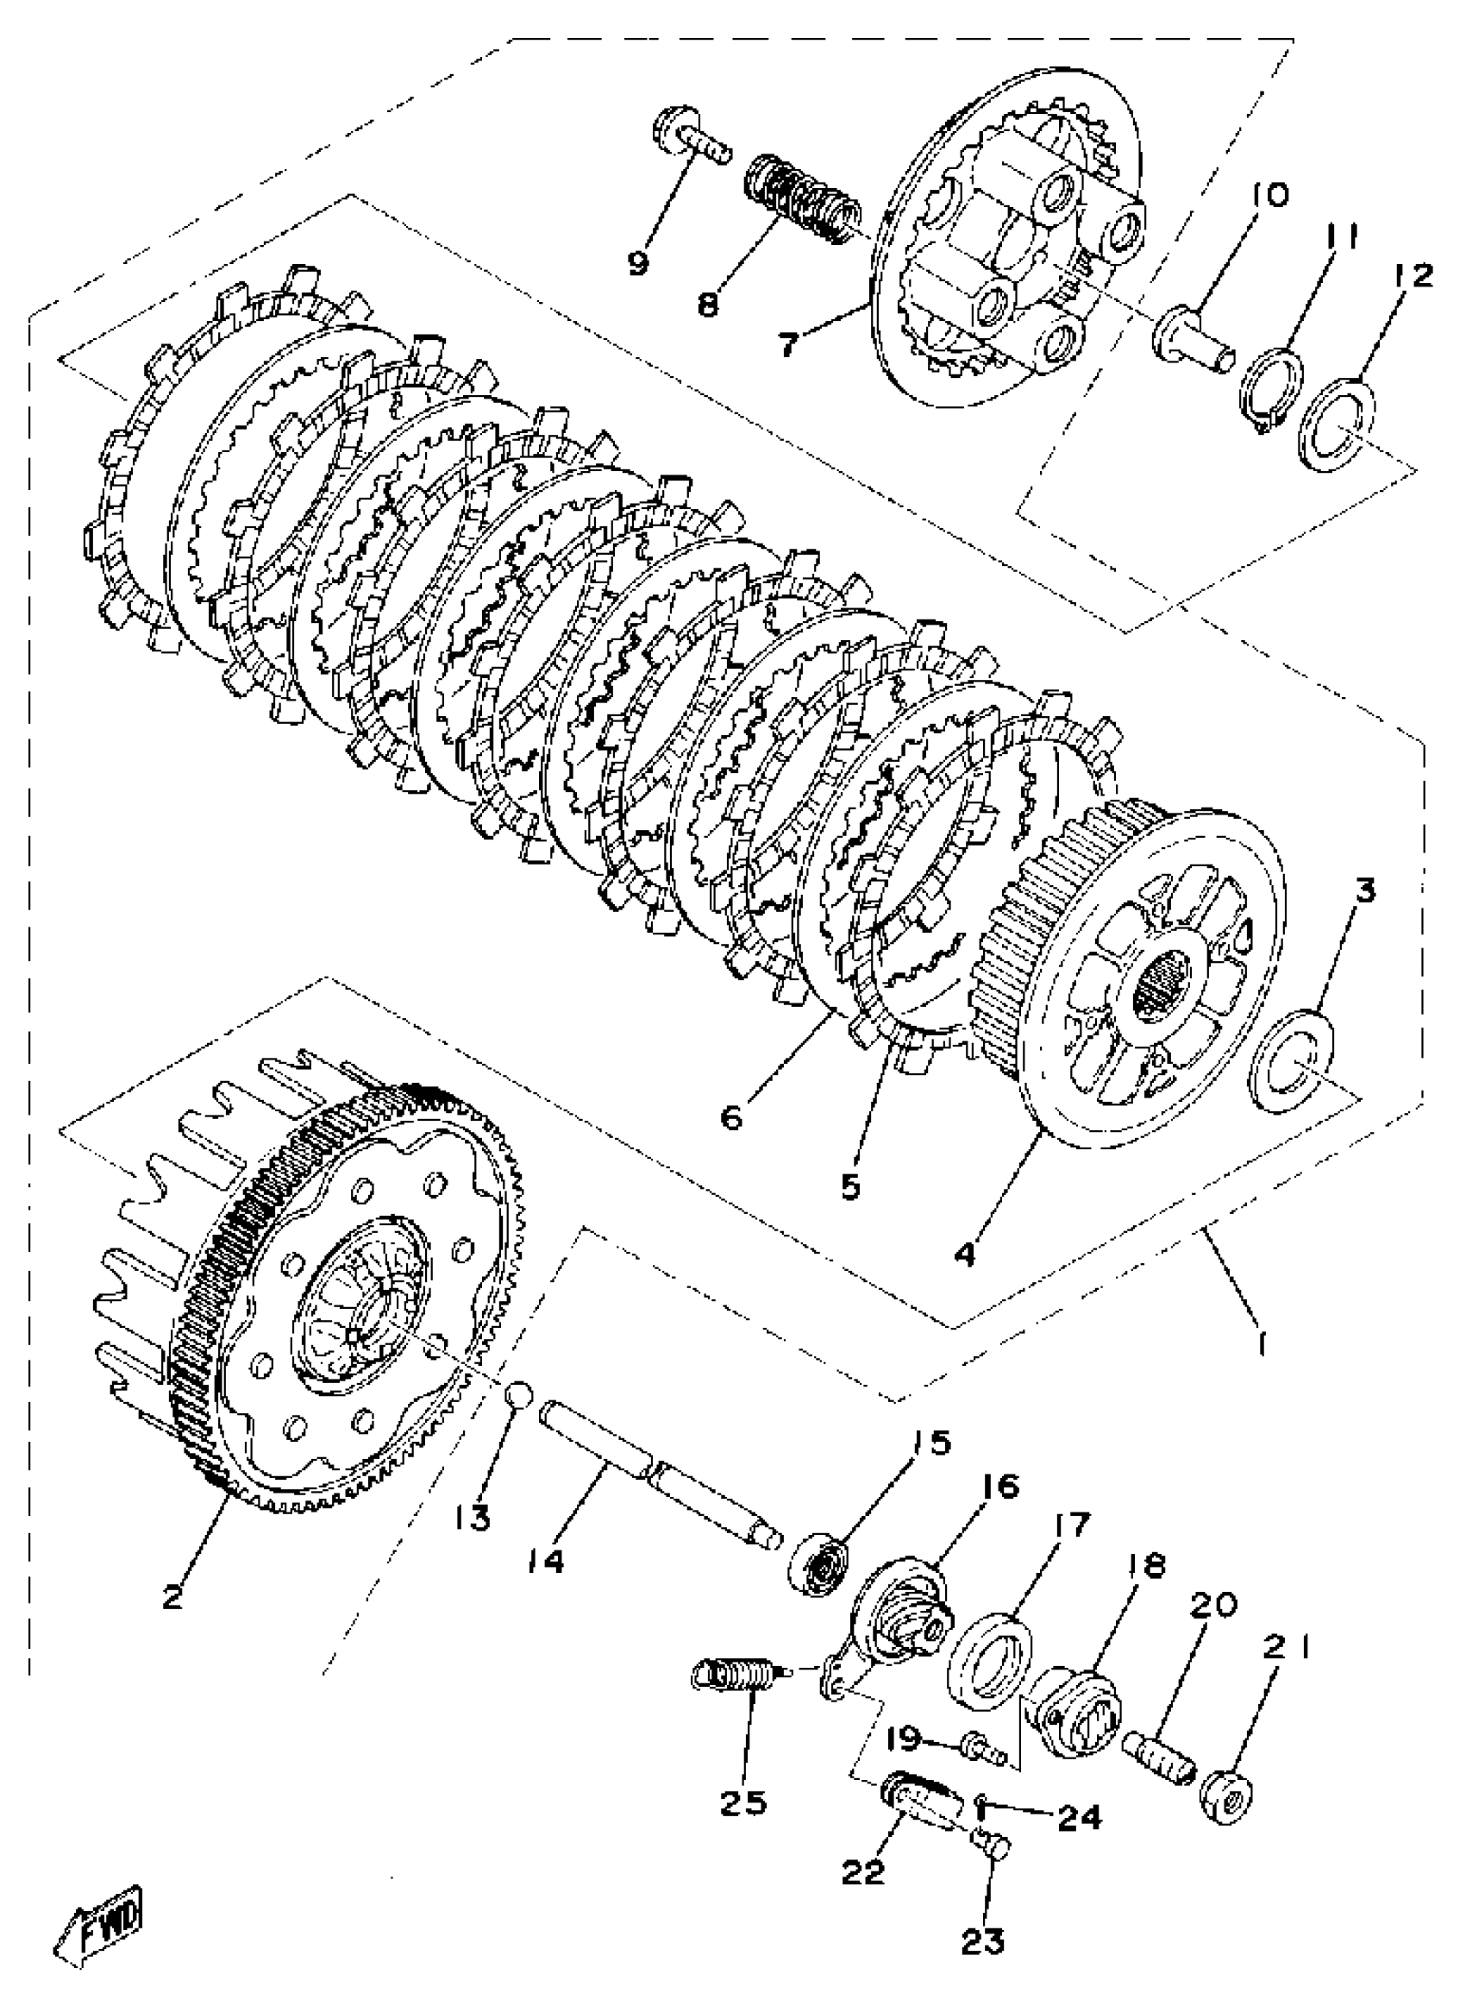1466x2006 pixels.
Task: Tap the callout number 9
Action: point(640,264)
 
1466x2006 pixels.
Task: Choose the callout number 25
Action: point(743,1802)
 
